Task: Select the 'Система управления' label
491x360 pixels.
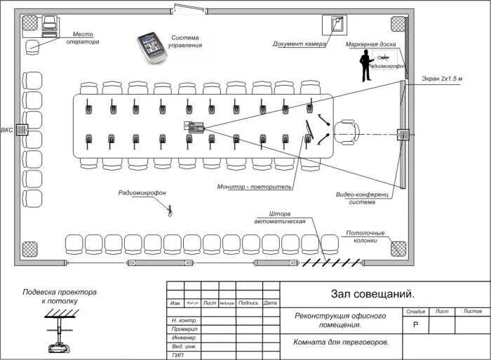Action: (186, 41)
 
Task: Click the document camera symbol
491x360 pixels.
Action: (336, 24)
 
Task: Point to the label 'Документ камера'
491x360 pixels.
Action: (300, 44)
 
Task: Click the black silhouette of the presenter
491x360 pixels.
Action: (365, 66)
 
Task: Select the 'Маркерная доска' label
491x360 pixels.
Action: (371, 44)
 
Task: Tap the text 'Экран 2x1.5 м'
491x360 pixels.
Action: (442, 78)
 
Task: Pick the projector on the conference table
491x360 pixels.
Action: (193, 126)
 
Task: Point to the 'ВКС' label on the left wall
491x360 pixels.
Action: (6, 130)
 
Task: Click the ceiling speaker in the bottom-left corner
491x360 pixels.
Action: (29, 249)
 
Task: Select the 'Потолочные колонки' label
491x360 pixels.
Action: (361, 236)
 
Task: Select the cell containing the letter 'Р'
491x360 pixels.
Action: (415, 325)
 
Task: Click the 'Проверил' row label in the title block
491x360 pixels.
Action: (184, 328)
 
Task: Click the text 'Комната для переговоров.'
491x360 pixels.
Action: (341, 342)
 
